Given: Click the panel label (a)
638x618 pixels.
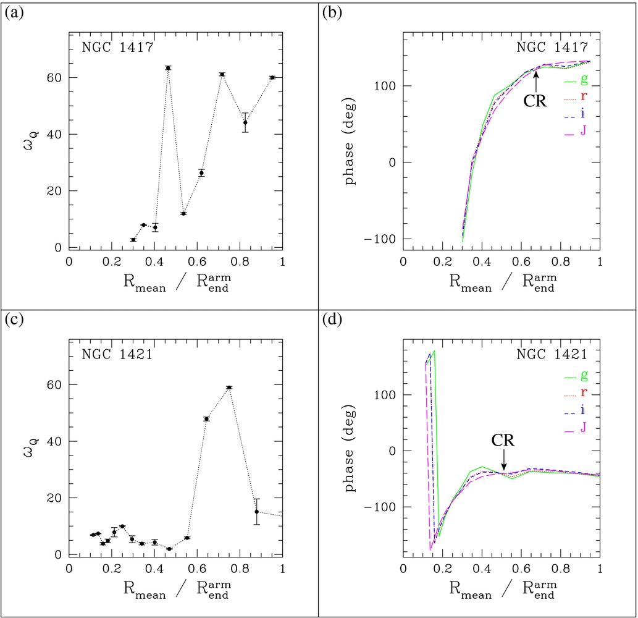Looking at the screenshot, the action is pyautogui.click(x=14, y=13).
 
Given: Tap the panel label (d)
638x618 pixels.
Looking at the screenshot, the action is pyautogui.click(x=332, y=320).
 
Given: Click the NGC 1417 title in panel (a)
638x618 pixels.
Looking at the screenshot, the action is pyautogui.click(x=117, y=48).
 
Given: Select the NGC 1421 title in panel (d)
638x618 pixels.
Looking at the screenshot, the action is pyautogui.click(x=552, y=355).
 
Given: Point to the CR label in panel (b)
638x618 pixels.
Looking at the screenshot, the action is pyautogui.click(x=535, y=101).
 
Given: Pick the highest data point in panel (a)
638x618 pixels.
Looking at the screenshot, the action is pyautogui.click(x=168, y=67).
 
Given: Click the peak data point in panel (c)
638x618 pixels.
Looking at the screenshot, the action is pyautogui.click(x=230, y=387).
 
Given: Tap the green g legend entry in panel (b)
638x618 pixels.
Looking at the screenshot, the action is pyautogui.click(x=576, y=80).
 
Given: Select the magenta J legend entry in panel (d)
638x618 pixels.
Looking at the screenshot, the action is pyautogui.click(x=576, y=428).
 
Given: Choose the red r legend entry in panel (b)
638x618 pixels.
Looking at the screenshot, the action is pyautogui.click(x=576, y=97).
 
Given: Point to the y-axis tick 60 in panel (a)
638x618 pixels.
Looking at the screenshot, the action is pyautogui.click(x=54, y=78).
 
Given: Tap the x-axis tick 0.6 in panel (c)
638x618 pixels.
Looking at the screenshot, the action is pyautogui.click(x=197, y=569).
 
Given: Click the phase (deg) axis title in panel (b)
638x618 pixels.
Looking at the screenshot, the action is pyautogui.click(x=350, y=142).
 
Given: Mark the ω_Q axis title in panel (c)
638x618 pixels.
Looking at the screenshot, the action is pyautogui.click(x=31, y=447).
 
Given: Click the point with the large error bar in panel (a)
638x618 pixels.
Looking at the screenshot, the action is pyautogui.click(x=245, y=122).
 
